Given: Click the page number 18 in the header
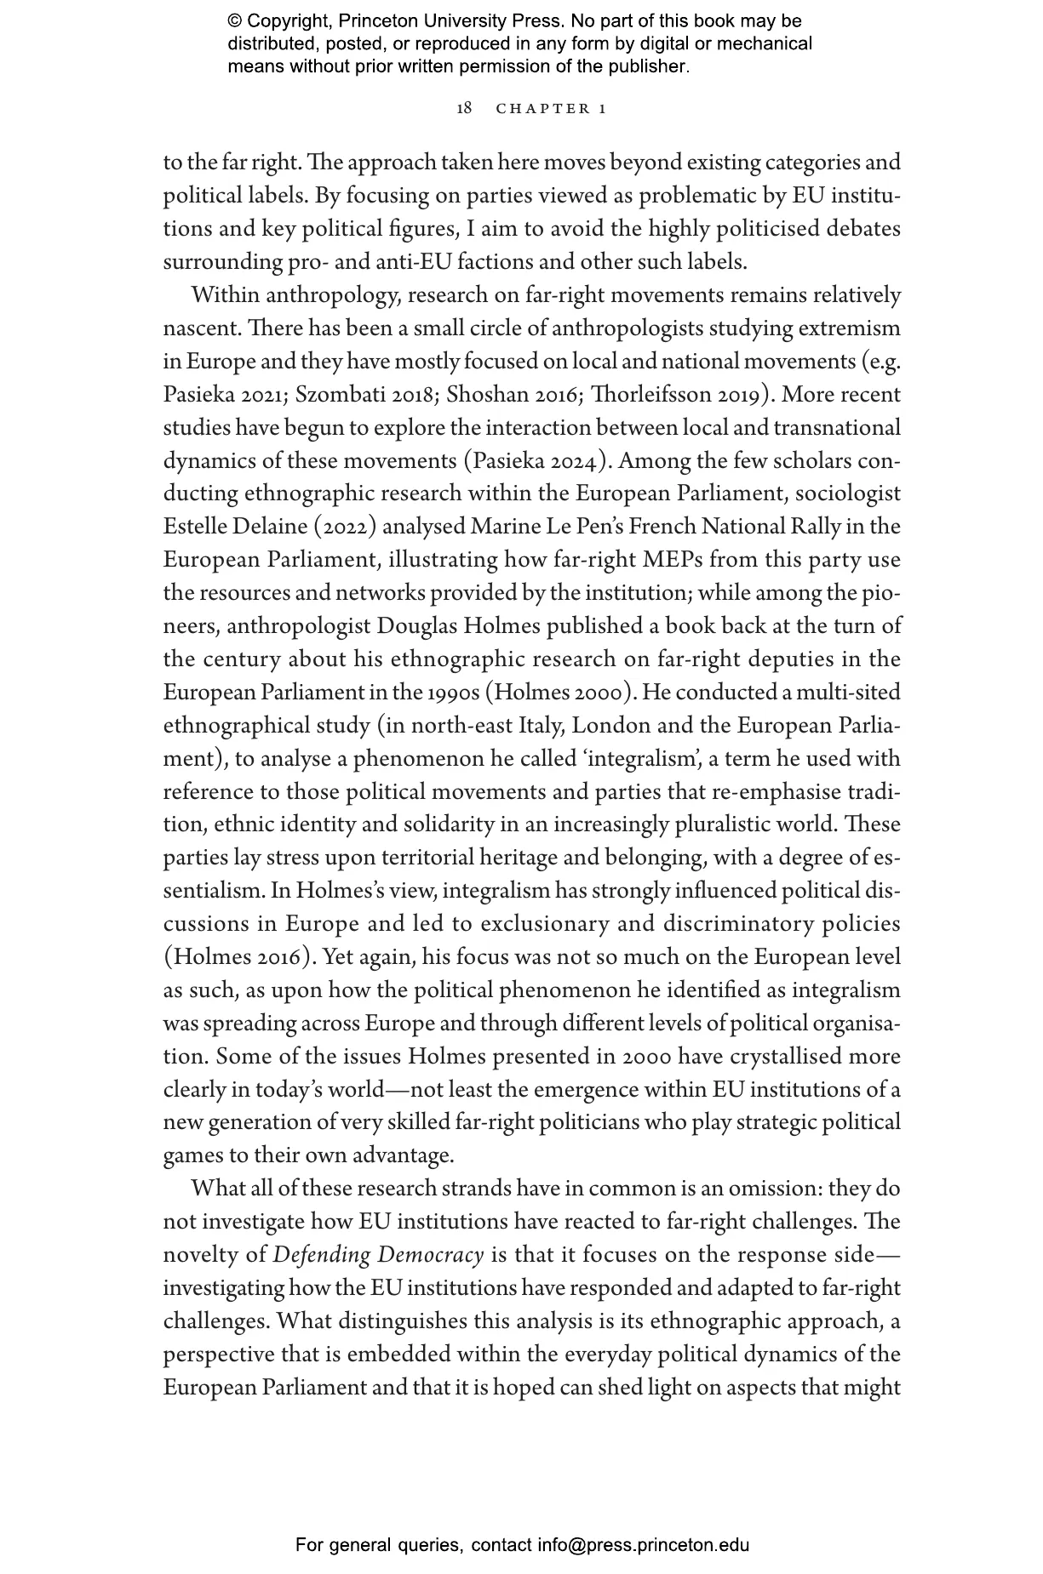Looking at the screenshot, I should (464, 108).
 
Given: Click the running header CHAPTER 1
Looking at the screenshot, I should (551, 109).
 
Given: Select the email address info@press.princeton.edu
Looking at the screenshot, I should (643, 1545).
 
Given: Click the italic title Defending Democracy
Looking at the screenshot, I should (378, 1255).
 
